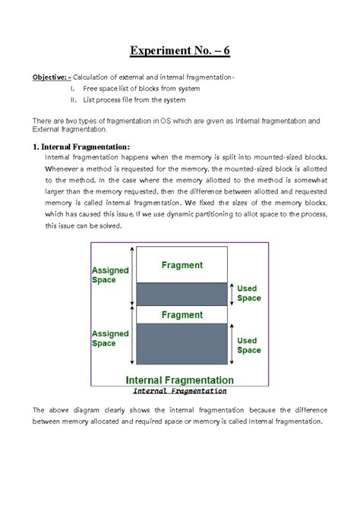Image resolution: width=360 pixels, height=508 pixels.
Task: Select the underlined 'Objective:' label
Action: point(52,77)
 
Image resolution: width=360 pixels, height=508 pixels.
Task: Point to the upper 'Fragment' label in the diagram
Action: point(182,266)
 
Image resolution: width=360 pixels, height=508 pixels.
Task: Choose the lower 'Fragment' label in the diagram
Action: point(182,313)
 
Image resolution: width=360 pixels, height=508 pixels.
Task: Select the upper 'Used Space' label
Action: point(249,294)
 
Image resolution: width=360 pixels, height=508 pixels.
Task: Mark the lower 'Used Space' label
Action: point(249,346)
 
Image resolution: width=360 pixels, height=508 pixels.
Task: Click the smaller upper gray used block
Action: point(182,293)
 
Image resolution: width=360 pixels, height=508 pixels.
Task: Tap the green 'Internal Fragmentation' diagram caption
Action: point(179,379)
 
